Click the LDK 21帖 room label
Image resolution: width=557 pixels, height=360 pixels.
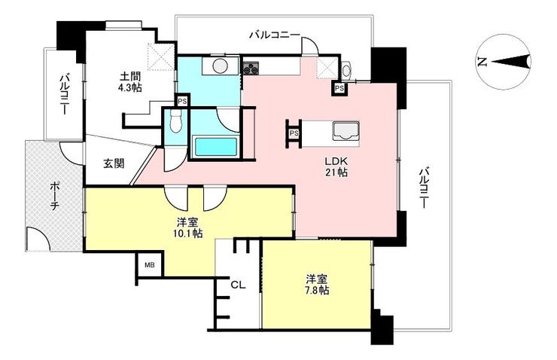[x=336, y=166]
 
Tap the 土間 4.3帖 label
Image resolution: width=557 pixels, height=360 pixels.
[x=130, y=82]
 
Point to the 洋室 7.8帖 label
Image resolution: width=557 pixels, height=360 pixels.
[x=317, y=284]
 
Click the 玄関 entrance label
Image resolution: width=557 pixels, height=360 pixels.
[x=114, y=164]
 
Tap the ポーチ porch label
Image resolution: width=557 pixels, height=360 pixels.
[x=54, y=196]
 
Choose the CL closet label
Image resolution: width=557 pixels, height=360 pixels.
[x=238, y=285]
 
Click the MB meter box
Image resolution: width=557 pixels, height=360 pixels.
[x=150, y=265]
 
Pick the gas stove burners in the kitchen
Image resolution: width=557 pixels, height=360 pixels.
[x=251, y=68]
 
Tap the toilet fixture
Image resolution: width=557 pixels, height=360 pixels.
[x=175, y=121]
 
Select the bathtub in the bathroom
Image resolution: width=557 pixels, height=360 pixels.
[x=215, y=147]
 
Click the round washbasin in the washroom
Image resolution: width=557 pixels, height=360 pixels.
[x=220, y=66]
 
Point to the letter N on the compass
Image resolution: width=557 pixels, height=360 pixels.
[x=481, y=63]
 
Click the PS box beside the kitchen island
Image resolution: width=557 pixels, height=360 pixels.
[x=294, y=133]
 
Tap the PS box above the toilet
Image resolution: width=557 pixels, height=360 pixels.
[x=182, y=101]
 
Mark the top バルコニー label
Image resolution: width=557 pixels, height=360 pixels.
[x=274, y=35]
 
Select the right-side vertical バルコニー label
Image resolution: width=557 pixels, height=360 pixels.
[x=423, y=188]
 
